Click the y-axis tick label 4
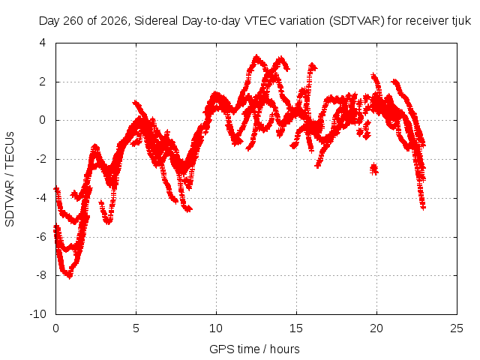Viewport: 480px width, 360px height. pos(42,43)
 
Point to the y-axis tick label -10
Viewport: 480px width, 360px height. pos(37,314)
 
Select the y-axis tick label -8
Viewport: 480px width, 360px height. pos(40,275)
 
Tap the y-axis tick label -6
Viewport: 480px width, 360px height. pos(40,237)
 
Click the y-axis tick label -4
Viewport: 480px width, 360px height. pos(40,198)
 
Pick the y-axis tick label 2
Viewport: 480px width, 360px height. pos(42,82)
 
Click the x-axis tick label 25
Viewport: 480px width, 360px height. pos(457,328)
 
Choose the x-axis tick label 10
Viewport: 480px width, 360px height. pos(216,328)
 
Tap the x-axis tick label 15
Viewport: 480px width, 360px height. pos(296,328)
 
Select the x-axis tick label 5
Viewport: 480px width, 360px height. pos(136,328)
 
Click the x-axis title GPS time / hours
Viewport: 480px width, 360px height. pos(254,349)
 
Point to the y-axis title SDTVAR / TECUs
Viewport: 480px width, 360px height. pos(10,179)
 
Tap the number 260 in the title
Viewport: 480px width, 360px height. pos(73,21)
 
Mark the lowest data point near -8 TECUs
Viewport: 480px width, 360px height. pos(70,277)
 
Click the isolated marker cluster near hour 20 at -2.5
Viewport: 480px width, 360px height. pos(373,169)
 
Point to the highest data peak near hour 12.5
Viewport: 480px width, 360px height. pos(256,57)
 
